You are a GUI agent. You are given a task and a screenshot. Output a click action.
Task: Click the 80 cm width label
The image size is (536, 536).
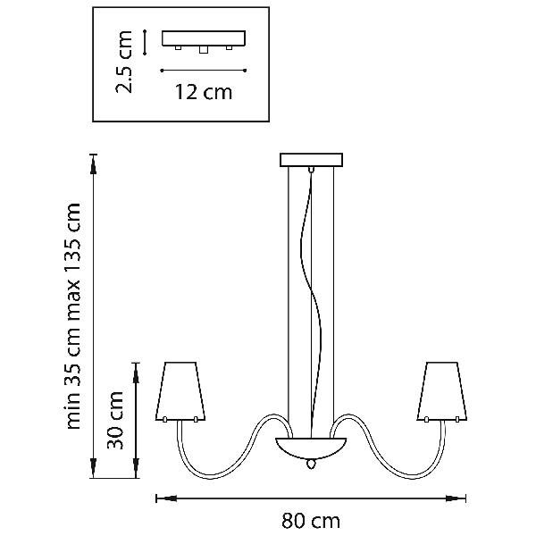click(x=311, y=521)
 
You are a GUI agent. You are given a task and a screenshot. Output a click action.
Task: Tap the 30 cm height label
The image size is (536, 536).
click(x=115, y=420)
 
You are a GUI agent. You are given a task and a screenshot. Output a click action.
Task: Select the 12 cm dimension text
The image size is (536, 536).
click(x=204, y=92)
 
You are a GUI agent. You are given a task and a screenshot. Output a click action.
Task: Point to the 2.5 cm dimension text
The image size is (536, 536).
click(x=123, y=62)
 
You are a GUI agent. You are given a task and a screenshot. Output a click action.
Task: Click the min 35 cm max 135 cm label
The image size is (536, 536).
click(x=73, y=316)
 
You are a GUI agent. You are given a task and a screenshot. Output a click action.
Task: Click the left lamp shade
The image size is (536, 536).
click(x=180, y=391)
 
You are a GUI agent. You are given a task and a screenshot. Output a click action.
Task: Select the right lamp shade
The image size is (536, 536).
click(x=442, y=391)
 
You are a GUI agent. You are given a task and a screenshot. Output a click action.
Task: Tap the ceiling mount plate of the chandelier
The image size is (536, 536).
click(x=311, y=160)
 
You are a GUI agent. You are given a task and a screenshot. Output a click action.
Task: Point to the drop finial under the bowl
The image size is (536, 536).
click(x=311, y=464)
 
